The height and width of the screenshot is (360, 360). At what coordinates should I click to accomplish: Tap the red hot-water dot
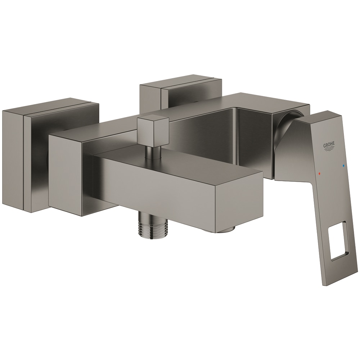[319, 174]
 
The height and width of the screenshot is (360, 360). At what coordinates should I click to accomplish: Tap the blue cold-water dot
[343, 166]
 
